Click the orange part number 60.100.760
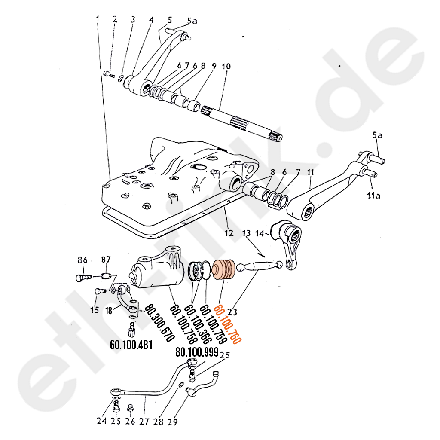pyautogui.click(x=228, y=324)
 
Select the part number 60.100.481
pyautogui.click(x=131, y=345)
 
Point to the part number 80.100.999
pyautogui.click(x=197, y=352)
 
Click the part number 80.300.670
pyautogui.click(x=160, y=323)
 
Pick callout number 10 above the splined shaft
pyautogui.click(x=226, y=67)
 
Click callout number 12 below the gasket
pyautogui.click(x=229, y=233)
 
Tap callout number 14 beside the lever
pyautogui.click(x=260, y=233)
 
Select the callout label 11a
pyautogui.click(x=373, y=196)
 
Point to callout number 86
pyautogui.click(x=82, y=260)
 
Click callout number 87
pyautogui.click(x=106, y=260)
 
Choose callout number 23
pyautogui.click(x=232, y=312)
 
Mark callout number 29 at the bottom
pyautogui.click(x=173, y=422)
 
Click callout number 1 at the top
pyautogui.click(x=98, y=19)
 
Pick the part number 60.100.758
pyautogui.click(x=183, y=324)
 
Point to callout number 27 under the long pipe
pyautogui.click(x=144, y=422)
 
